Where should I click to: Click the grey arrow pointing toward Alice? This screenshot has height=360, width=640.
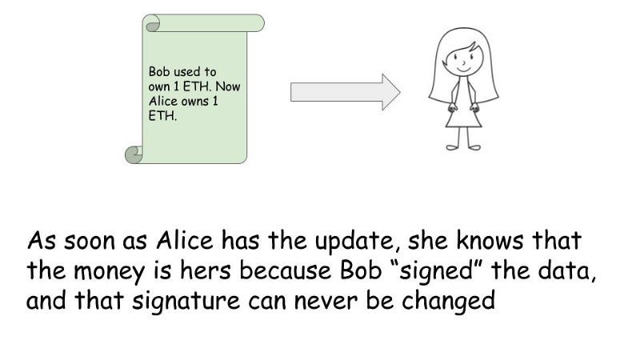pos(346,92)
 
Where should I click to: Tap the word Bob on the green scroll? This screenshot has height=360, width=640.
pos(158,72)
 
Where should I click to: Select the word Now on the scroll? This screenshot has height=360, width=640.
pos(228,86)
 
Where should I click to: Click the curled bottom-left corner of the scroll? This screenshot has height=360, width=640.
pos(134,154)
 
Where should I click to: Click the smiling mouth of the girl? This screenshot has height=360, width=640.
pos(463,69)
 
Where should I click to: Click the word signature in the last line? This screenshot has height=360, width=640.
pos(186,302)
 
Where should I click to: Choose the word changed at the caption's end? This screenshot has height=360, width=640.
pos(448,301)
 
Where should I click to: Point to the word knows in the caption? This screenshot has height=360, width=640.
pos(490,240)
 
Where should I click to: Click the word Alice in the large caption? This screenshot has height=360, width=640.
pos(185,240)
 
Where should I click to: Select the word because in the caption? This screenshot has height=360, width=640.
pos(285,270)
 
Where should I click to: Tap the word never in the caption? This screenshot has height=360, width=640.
pos(326,302)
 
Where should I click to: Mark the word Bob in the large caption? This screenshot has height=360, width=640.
pos(361,270)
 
